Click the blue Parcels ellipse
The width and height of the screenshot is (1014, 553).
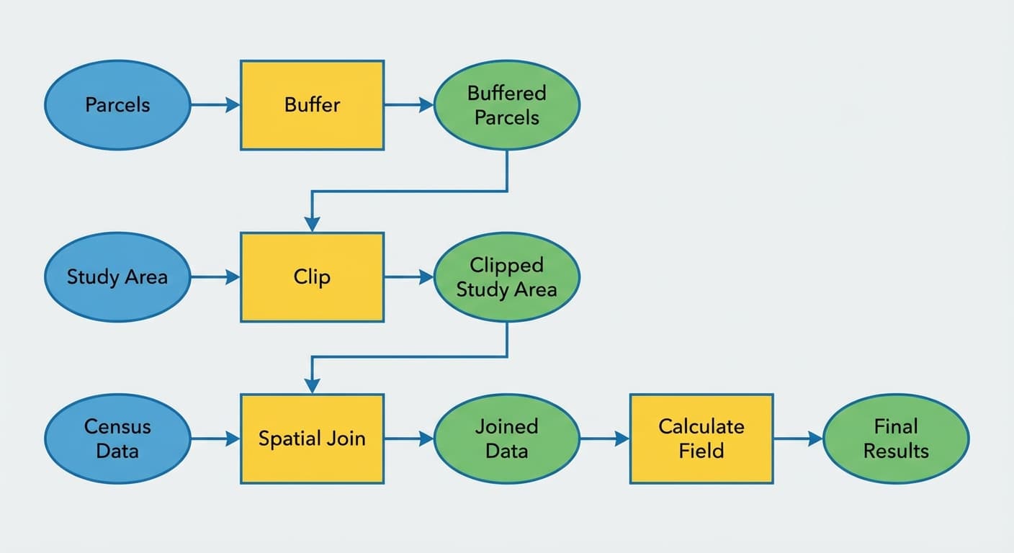click(x=117, y=105)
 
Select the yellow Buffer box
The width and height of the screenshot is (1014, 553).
click(x=312, y=105)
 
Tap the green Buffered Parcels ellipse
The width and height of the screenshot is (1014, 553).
click(x=507, y=105)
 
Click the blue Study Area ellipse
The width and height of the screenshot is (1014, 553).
click(x=117, y=277)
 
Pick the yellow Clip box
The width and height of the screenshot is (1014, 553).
click(x=312, y=277)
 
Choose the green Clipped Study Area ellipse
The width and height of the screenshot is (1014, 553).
click(x=507, y=277)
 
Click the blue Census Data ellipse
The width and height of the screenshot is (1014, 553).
click(x=117, y=439)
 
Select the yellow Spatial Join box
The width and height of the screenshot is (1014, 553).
click(x=312, y=439)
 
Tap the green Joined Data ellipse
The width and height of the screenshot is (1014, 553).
click(x=507, y=439)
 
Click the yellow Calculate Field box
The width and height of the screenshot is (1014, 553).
click(x=701, y=439)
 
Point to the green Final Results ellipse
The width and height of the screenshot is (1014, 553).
click(x=896, y=439)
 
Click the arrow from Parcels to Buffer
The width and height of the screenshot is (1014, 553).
click(x=215, y=105)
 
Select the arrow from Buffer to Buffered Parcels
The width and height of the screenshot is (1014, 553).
click(x=408, y=105)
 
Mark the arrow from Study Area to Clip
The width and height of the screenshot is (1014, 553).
click(x=215, y=277)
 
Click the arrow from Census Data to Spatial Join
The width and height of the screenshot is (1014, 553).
click(x=215, y=439)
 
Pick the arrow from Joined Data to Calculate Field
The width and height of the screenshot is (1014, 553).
click(x=604, y=439)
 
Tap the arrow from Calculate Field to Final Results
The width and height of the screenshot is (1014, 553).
click(x=798, y=439)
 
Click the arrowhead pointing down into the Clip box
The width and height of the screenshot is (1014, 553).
click(x=312, y=224)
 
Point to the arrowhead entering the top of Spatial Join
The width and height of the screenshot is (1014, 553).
click(x=312, y=385)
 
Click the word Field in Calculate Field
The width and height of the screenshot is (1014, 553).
click(x=701, y=451)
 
